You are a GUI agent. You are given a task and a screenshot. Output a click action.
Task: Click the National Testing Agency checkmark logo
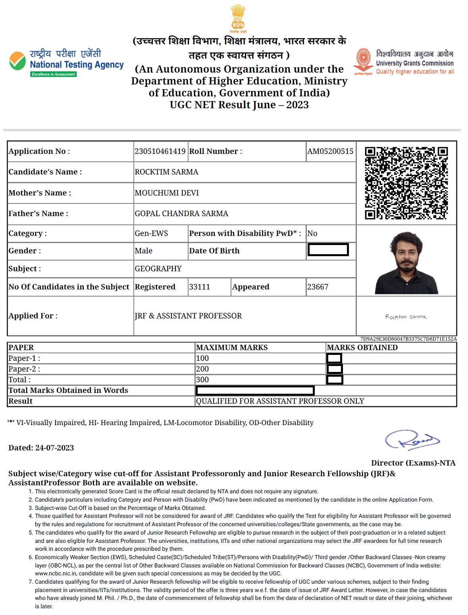(x=17, y=61)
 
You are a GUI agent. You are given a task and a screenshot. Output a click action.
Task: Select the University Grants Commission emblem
(x=363, y=61)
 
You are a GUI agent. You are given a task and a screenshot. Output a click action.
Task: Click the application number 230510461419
(x=160, y=151)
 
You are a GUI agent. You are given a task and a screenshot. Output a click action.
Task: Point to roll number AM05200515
(x=330, y=151)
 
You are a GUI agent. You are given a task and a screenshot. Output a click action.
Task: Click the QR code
(x=406, y=183)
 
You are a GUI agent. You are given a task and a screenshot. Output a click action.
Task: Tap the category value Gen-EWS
(x=151, y=234)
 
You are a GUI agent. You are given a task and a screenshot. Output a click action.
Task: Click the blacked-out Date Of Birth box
(x=328, y=250)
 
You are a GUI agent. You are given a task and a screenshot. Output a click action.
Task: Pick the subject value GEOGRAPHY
(x=158, y=269)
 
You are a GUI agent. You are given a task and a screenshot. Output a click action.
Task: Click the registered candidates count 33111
(x=199, y=287)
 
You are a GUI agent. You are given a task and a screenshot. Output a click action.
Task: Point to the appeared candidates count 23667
(x=318, y=287)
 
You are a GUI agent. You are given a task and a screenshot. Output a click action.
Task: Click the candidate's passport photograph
(x=406, y=263)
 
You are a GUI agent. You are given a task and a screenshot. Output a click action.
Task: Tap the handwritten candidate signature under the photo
(x=406, y=317)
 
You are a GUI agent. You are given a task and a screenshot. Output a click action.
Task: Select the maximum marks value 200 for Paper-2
(x=202, y=369)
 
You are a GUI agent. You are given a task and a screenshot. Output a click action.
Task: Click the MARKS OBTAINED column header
(x=362, y=348)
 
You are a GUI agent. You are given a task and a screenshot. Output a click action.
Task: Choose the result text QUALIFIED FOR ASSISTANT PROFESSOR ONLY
(x=280, y=401)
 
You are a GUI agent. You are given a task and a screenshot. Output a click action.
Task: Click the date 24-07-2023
(x=54, y=448)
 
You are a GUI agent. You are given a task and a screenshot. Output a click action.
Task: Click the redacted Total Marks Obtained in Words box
(x=255, y=391)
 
